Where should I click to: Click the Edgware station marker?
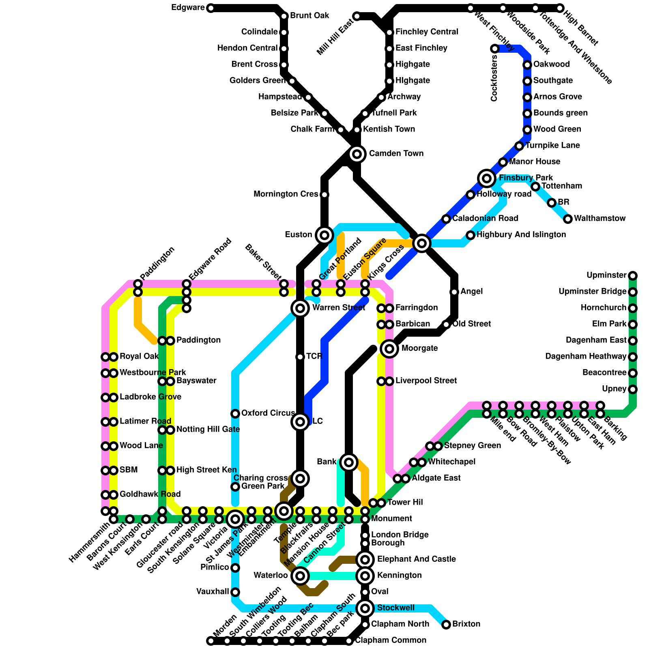click(x=211, y=8)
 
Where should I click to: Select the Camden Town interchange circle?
click(x=357, y=154)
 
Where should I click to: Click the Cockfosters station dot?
click(x=495, y=49)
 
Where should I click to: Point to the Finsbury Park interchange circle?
click(x=487, y=178)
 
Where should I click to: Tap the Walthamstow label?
click(x=600, y=219)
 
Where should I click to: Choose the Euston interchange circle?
click(x=324, y=235)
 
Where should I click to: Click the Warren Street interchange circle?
click(x=300, y=308)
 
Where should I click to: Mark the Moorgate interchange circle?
click(x=389, y=348)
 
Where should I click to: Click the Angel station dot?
click(x=454, y=292)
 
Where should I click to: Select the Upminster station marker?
click(x=633, y=276)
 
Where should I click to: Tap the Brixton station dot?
click(x=446, y=624)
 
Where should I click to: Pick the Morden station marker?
click(x=211, y=641)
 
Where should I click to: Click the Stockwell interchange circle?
click(x=365, y=608)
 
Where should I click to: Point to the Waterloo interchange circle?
click(x=300, y=576)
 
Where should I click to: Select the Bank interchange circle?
click(x=349, y=462)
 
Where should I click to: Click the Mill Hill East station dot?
click(x=357, y=16)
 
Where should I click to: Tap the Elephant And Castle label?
click(x=416, y=559)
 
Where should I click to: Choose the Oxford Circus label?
click(x=268, y=413)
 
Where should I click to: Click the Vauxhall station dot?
click(x=235, y=592)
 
